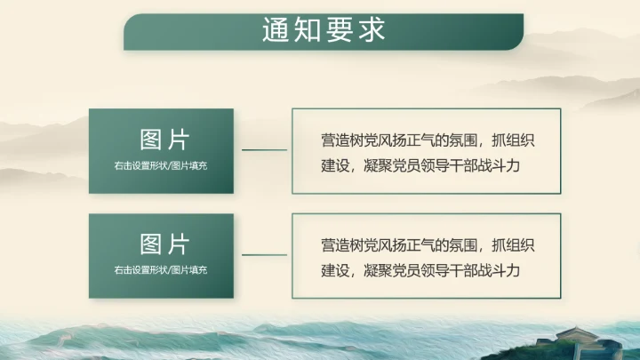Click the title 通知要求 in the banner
[x=324, y=29]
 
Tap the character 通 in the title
[x=276, y=29]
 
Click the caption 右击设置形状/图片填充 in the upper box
[x=161, y=165]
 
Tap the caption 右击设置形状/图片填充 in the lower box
[x=161, y=269]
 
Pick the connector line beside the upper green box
[x=264, y=150]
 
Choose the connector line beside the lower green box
[x=264, y=254]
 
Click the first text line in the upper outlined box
[x=428, y=140]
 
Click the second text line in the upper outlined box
[x=420, y=164]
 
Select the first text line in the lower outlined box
[x=428, y=244]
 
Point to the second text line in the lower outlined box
[x=420, y=269]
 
